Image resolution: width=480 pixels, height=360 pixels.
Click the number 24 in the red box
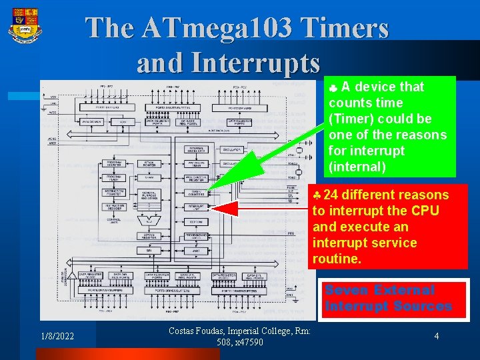[331, 195]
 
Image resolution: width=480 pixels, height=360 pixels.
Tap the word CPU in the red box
[425, 211]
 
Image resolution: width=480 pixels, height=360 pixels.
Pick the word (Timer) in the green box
[351, 119]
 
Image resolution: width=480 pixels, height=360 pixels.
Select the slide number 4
[436, 337]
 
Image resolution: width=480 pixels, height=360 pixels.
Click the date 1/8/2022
[57, 337]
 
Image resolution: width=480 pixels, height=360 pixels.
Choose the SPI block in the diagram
[149, 250]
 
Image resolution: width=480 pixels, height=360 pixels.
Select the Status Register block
[149, 235]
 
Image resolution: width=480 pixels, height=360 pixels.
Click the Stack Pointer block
[149, 163]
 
